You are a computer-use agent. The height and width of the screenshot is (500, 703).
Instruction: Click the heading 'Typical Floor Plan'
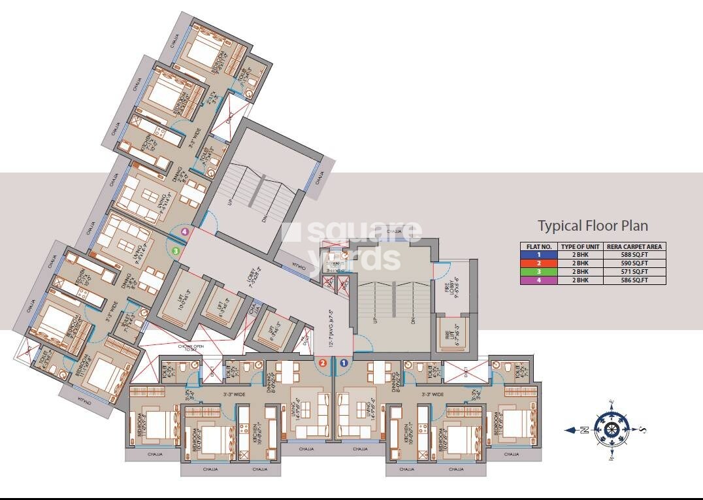click(593, 226)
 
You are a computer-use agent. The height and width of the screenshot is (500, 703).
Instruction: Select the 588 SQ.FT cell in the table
click(636, 255)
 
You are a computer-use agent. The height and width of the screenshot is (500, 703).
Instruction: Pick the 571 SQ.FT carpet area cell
click(636, 271)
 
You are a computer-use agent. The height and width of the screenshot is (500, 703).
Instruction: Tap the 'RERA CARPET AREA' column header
click(636, 246)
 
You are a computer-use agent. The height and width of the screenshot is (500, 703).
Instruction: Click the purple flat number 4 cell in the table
click(538, 280)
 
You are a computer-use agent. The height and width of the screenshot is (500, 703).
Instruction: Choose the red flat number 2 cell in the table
click(538, 263)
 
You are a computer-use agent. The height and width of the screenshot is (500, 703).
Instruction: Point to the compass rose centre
click(612, 429)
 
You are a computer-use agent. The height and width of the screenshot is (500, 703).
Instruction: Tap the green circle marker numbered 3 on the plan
click(175, 249)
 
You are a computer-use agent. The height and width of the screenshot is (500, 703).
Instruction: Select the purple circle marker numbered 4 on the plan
click(186, 231)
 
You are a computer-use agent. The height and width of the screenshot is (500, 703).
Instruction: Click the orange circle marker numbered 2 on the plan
click(322, 361)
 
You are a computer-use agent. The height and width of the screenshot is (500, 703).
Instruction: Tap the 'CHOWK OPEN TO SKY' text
click(192, 347)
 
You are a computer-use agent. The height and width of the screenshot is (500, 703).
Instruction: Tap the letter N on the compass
click(584, 429)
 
